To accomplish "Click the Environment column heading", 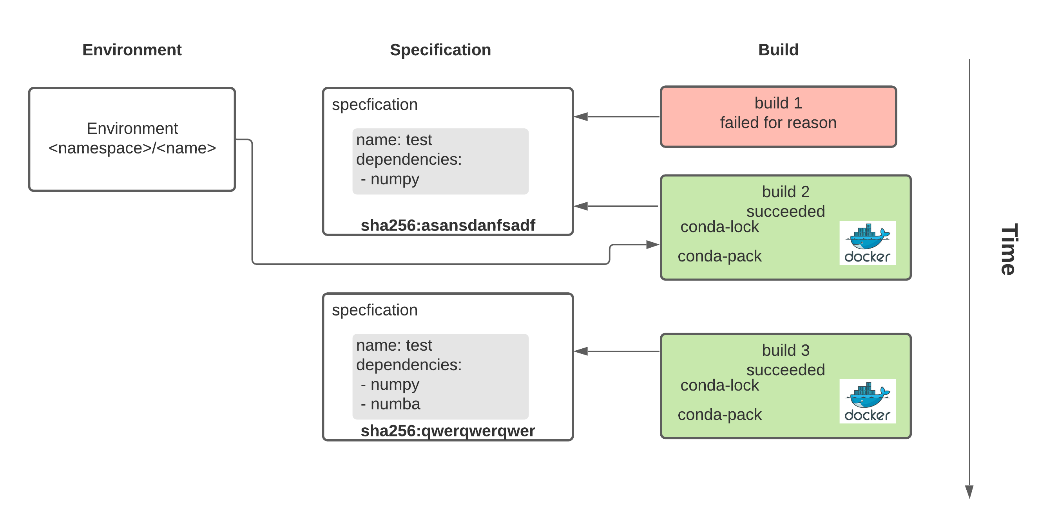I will [131, 50].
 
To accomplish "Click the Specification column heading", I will [440, 50].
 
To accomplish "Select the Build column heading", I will [778, 50].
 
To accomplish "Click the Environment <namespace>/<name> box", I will [132, 139].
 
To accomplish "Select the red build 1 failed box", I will [778, 116].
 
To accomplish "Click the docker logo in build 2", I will [868, 243].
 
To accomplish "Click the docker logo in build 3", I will [868, 401].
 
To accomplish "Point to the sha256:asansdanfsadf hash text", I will [447, 225].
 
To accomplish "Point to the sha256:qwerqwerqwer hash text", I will [447, 431].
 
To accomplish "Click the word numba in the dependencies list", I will [395, 404].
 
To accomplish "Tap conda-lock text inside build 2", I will [719, 227].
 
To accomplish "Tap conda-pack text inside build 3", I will [719, 415].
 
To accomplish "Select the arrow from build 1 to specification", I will [616, 117].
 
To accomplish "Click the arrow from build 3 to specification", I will [616, 351].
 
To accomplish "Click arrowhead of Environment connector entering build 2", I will [653, 245].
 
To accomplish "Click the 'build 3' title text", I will [785, 350].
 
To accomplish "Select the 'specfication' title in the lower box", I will [375, 310].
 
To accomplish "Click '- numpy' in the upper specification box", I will [390, 179].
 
